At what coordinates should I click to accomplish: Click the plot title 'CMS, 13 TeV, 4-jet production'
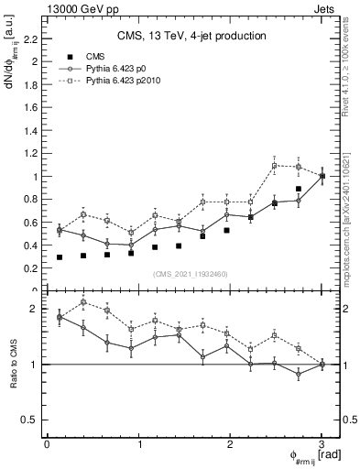pyautogui.click(x=191, y=36)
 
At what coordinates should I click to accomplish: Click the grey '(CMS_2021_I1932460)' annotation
pyautogui.click(x=191, y=274)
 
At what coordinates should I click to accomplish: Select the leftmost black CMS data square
pyautogui.click(x=60, y=257)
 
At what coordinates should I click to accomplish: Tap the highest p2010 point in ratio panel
pyautogui.click(x=83, y=301)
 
